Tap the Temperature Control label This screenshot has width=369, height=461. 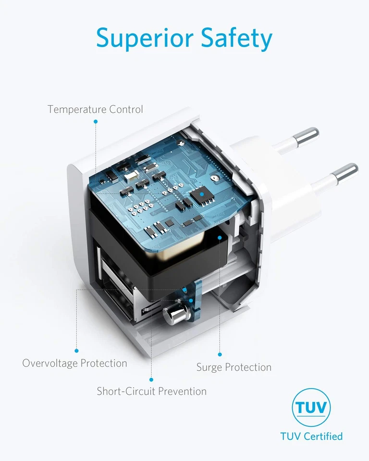pyautogui.click(x=95, y=109)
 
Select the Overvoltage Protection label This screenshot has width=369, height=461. pyautogui.click(x=75, y=364)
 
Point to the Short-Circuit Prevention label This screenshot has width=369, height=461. pyautogui.click(x=151, y=391)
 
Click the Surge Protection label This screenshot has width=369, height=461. pyautogui.click(x=234, y=367)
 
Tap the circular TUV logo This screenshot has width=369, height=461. pyautogui.click(x=311, y=407)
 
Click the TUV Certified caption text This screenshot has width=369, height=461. pyautogui.click(x=311, y=436)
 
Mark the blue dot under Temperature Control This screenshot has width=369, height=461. pyautogui.click(x=96, y=121)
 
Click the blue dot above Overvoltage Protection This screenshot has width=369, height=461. pyautogui.click(x=76, y=351)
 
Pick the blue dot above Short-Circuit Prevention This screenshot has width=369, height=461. pyautogui.click(x=151, y=379)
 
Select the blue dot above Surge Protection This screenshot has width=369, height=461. pyautogui.click(x=220, y=354)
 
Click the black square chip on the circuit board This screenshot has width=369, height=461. pyautogui.click(x=202, y=194)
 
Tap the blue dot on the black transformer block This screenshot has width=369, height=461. pyautogui.click(x=220, y=238)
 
